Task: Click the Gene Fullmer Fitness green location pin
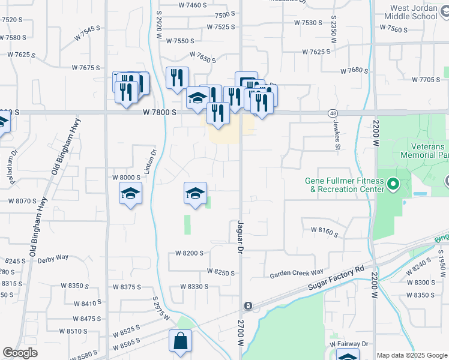[393, 184]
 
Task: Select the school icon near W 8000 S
[130, 194]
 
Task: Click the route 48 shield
[333, 113]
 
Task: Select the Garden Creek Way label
[297, 272]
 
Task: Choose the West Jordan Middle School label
[414, 12]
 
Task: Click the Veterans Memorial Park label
[420, 151]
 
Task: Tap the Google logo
[20, 352]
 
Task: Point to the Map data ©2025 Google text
[412, 355]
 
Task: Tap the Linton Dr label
[150, 161]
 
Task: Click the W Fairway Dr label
[348, 344]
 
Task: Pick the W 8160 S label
[324, 230]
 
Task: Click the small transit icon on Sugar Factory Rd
[249, 307]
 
